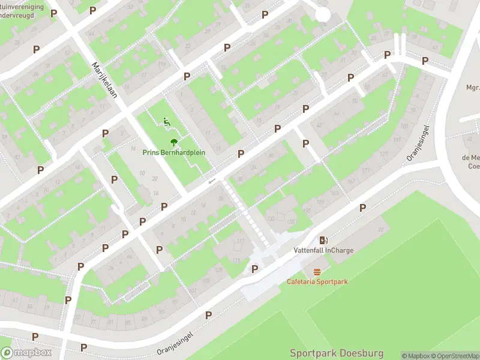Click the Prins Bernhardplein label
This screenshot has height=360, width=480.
point(173,152)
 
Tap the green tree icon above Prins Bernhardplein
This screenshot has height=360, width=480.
point(173,142)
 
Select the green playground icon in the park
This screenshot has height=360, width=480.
point(166,122)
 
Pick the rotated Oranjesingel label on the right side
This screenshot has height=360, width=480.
point(419,143)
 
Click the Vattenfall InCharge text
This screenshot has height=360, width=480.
point(323,250)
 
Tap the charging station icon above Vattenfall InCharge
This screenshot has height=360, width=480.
point(323,239)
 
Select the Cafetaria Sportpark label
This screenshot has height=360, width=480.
point(317,281)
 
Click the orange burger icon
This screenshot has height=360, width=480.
point(317,271)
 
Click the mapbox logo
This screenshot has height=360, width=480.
point(26,352)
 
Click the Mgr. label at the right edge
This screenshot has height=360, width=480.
point(473,88)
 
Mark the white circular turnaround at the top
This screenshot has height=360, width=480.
point(323,14)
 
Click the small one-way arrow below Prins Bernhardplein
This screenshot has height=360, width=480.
point(211,181)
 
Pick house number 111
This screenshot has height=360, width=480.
point(240,241)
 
